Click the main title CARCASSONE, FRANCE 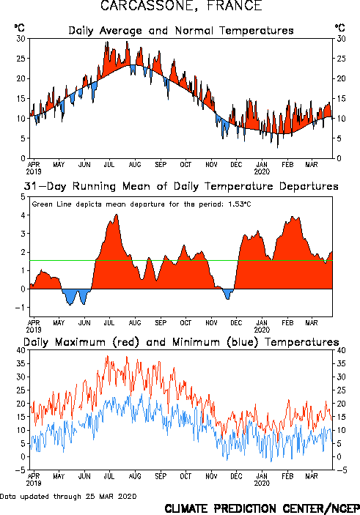click(181, 6)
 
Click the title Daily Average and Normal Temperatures click(181, 31)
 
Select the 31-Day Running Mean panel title click(181, 186)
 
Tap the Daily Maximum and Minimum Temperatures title click(181, 342)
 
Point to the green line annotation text click(142, 204)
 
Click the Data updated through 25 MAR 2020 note click(68, 496)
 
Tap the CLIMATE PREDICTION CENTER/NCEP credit click(262, 508)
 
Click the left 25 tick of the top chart click(21, 59)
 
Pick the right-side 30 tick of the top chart click(341, 39)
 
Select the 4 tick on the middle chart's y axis click(23, 215)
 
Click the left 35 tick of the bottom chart click(21, 363)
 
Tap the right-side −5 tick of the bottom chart click(342, 470)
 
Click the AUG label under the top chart click(135, 165)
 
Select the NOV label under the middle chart click(211, 323)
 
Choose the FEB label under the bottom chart click(287, 476)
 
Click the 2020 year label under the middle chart click(262, 330)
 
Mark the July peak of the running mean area click(117, 215)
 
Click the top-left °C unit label click(19, 28)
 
